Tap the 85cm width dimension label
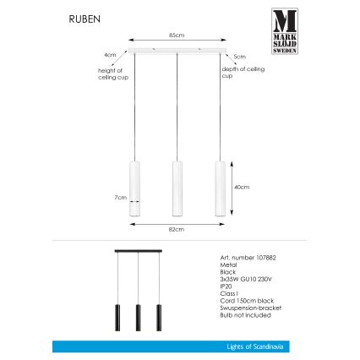177,35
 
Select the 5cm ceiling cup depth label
239,57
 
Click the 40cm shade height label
242,187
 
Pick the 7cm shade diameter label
119,198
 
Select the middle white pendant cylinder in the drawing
177,189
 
